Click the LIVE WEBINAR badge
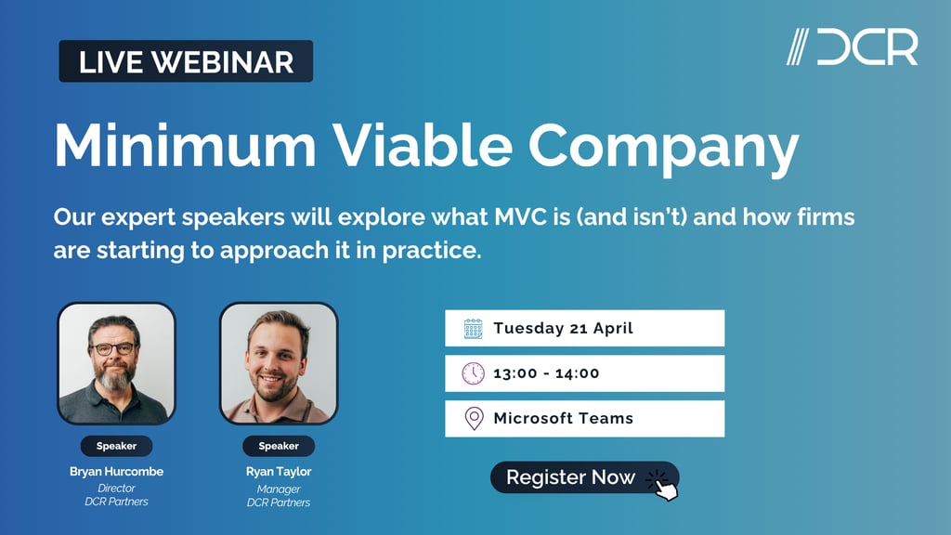[x=186, y=61]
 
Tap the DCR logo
[x=853, y=47]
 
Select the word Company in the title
[x=664, y=147]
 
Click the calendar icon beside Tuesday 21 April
[x=474, y=328]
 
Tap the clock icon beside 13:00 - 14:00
[x=474, y=373]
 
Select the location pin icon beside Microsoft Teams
[x=474, y=418]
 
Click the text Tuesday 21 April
[x=563, y=328]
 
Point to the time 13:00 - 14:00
[x=546, y=373]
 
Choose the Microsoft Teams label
[x=563, y=418]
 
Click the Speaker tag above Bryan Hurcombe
[x=116, y=446]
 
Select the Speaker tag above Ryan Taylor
[x=279, y=446]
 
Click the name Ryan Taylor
[x=279, y=472]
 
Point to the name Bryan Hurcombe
[x=116, y=472]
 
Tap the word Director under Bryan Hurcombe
[x=116, y=488]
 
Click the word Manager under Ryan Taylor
[x=279, y=488]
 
